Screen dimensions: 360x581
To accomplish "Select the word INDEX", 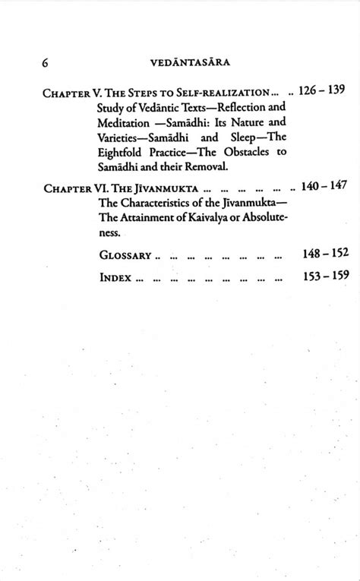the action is (116, 277).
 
